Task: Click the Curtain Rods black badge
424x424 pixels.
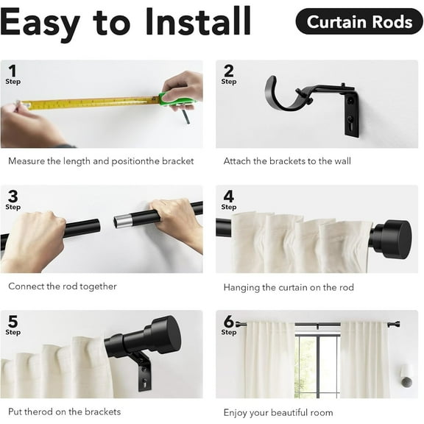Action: point(359,22)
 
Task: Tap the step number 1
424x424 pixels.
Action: point(12,71)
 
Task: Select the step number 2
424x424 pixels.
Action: point(228,71)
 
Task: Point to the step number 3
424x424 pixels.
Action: point(13,197)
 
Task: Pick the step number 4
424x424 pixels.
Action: point(229,197)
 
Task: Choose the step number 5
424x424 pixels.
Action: point(13,322)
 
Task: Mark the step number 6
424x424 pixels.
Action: point(229,322)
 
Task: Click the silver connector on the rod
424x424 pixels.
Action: point(125,219)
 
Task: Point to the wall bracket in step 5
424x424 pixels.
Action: point(143,371)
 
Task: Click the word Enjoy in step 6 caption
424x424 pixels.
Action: point(239,412)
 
